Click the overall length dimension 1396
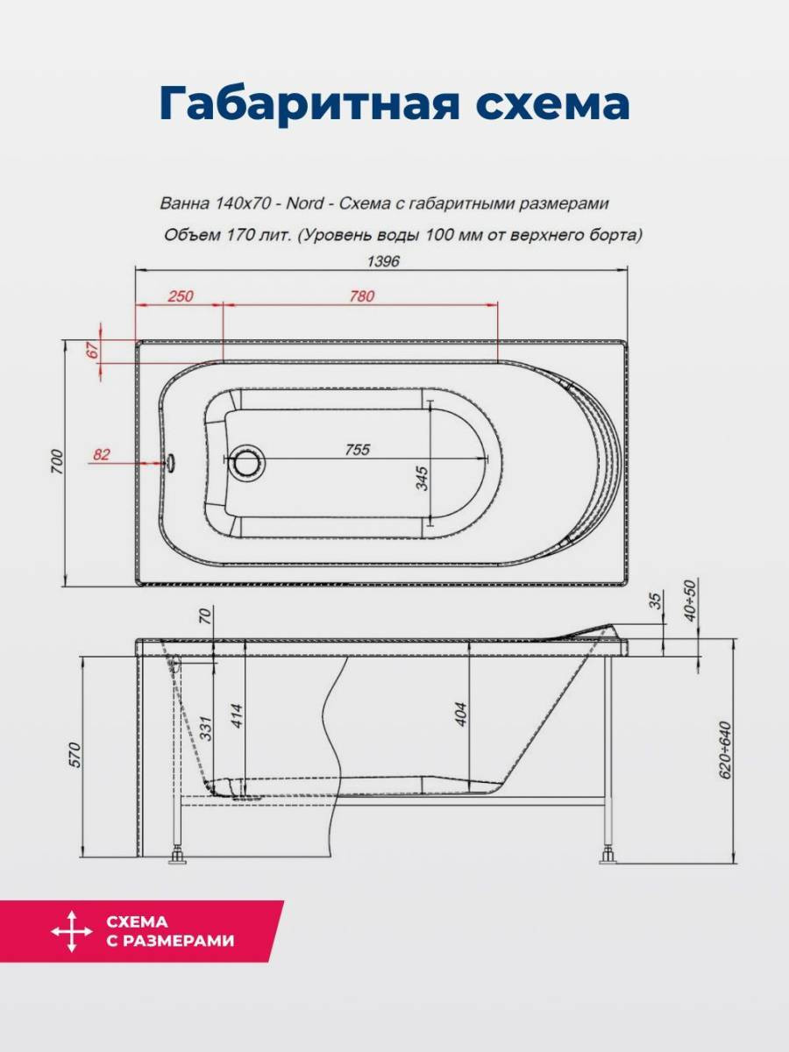pyautogui.click(x=383, y=261)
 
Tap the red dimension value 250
pyautogui.click(x=181, y=295)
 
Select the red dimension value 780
pyautogui.click(x=362, y=295)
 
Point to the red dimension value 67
pyautogui.click(x=93, y=350)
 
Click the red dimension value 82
pyautogui.click(x=101, y=454)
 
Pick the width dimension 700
pyautogui.click(x=56, y=462)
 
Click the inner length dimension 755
pyautogui.click(x=358, y=450)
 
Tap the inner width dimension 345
pyautogui.click(x=422, y=478)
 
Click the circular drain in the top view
pyautogui.click(x=248, y=459)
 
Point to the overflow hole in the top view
pyautogui.click(x=171, y=462)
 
